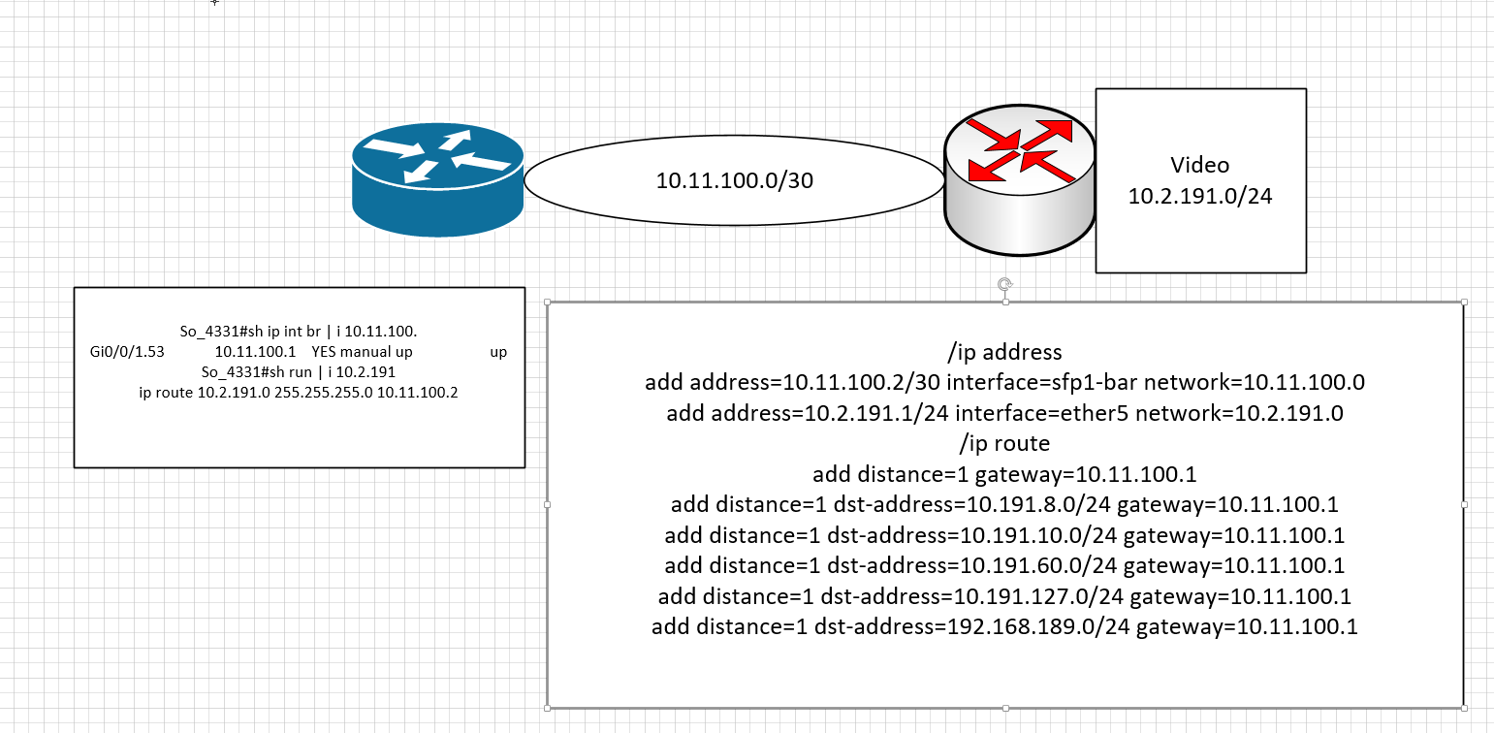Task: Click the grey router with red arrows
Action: coord(1019,181)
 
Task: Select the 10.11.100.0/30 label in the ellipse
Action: coord(734,180)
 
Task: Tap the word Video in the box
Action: coord(1199,165)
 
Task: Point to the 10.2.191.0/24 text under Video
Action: coord(1200,196)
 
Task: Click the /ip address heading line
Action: coord(1004,352)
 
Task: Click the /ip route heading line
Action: coord(1004,444)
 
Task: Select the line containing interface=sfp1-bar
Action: coord(1004,382)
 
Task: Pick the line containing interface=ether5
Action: coord(1004,413)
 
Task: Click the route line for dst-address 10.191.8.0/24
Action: coord(1004,505)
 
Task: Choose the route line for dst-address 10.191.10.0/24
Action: coord(1004,535)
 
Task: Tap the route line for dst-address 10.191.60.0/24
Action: coord(1004,565)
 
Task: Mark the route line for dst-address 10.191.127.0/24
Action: coord(1004,596)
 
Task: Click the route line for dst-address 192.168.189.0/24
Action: coord(1004,627)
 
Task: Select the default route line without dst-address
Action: coord(1004,475)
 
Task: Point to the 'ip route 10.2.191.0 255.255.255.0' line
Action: coord(299,392)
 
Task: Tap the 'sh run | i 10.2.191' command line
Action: coord(299,372)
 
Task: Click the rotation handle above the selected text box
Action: coord(1005,285)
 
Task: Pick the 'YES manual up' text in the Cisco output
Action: coord(362,352)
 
